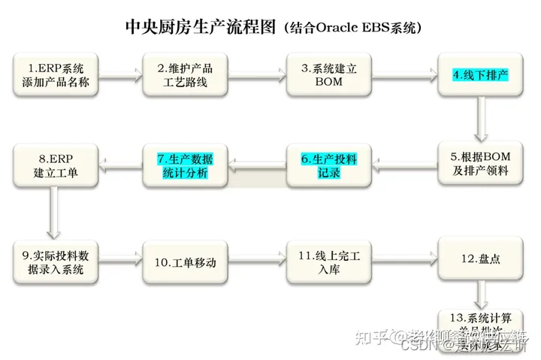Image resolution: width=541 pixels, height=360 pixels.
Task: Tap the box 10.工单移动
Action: [x=185, y=262]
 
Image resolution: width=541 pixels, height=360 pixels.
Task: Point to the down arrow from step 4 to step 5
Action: [x=481, y=118]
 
